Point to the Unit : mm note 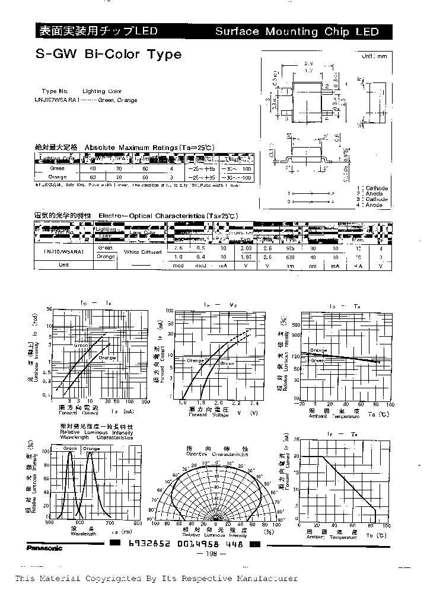tap(374, 56)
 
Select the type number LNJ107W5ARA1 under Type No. tap(58, 100)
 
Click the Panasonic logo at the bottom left tap(44, 548)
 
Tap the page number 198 tap(213, 554)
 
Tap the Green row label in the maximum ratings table tap(58, 168)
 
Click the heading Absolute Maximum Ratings tap(130, 146)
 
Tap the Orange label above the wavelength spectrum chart tap(91, 448)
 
